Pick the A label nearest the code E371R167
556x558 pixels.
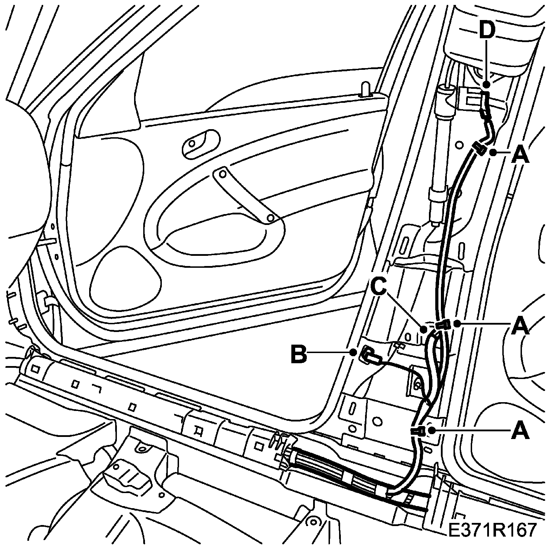(520, 431)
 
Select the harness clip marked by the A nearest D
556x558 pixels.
(479, 147)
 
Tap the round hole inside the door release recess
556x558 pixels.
(192, 144)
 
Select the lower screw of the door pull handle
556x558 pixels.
(270, 218)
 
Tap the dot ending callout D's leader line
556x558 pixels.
(486, 84)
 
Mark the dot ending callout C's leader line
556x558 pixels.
(424, 329)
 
